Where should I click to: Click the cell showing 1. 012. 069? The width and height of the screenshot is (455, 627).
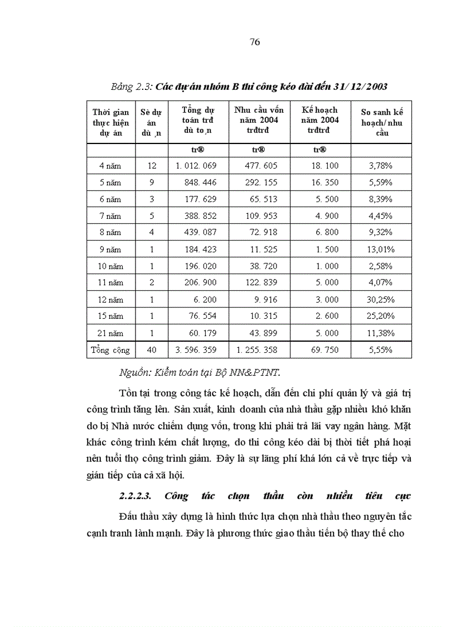coord(195,166)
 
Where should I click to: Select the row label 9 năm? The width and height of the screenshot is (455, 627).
coord(110,250)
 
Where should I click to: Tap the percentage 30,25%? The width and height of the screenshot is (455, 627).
coord(381,300)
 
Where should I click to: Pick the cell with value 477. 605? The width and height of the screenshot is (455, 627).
coord(262,166)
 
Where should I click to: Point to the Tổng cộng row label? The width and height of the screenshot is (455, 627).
coord(110,350)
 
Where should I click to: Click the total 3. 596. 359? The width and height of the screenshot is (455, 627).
coord(195,350)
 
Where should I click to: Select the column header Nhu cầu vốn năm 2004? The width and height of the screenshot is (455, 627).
coord(259,120)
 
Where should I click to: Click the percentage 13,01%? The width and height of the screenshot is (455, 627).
coord(381,250)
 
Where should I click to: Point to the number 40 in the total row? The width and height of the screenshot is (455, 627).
coord(152,350)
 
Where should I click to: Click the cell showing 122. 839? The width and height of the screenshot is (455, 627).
coord(262,283)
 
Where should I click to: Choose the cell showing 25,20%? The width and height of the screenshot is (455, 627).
coord(381,317)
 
